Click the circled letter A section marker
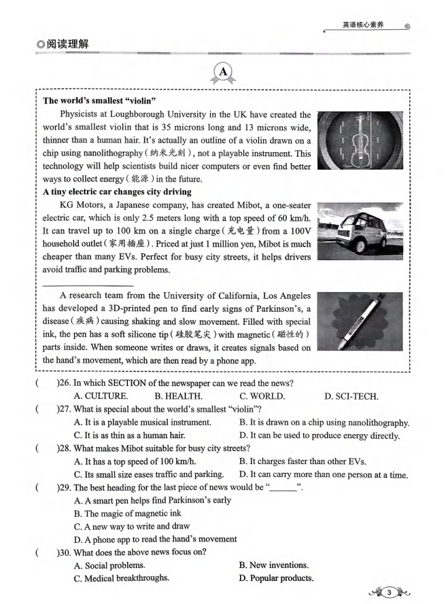coord(223,72)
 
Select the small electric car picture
coord(362,233)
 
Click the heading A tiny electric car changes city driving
coord(117,192)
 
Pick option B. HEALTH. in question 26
coord(178,395)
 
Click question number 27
coord(64,409)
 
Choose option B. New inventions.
coord(274,565)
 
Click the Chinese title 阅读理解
coord(66,44)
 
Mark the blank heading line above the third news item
coord(88,285)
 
